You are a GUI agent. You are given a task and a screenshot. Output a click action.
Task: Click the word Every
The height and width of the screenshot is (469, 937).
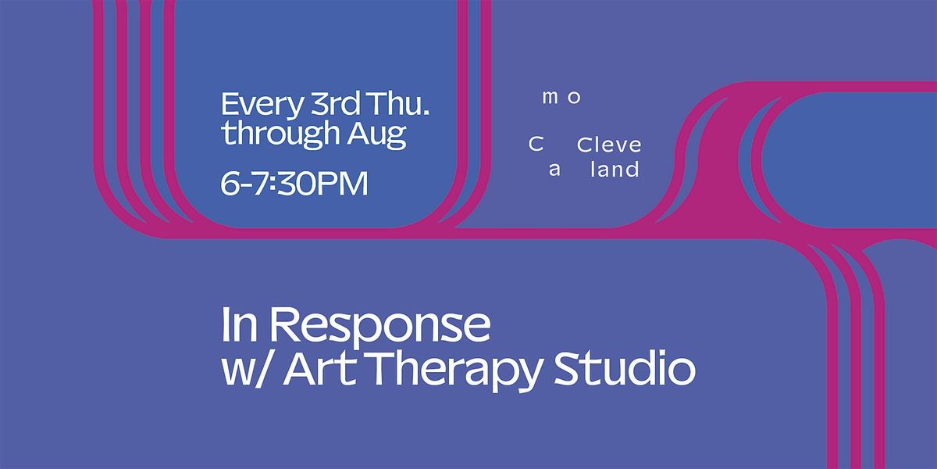pos(261,106)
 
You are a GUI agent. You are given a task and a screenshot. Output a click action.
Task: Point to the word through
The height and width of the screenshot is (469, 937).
pos(280,134)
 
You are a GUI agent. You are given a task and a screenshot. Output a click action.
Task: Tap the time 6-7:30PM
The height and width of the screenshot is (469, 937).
pos(294,184)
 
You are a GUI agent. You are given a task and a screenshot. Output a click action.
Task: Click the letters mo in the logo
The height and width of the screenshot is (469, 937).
pos(561,98)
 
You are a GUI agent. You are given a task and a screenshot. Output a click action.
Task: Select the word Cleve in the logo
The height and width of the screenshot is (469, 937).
pos(609,145)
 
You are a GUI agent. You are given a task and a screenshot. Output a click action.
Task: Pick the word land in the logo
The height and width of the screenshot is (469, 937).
pos(615,169)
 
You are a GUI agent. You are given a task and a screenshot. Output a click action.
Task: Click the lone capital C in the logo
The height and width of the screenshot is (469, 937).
pos(536,145)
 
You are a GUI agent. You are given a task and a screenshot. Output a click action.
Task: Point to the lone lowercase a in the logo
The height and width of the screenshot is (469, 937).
pos(554,170)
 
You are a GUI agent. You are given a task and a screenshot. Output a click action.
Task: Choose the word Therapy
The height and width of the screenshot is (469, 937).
pos(454,372)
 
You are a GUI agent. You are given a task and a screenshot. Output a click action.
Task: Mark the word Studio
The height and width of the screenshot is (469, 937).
pos(625,368)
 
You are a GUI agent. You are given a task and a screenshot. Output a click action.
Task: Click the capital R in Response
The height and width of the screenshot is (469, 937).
pos(284,324)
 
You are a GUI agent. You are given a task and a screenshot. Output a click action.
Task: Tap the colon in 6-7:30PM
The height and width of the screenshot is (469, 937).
pos(272,184)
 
